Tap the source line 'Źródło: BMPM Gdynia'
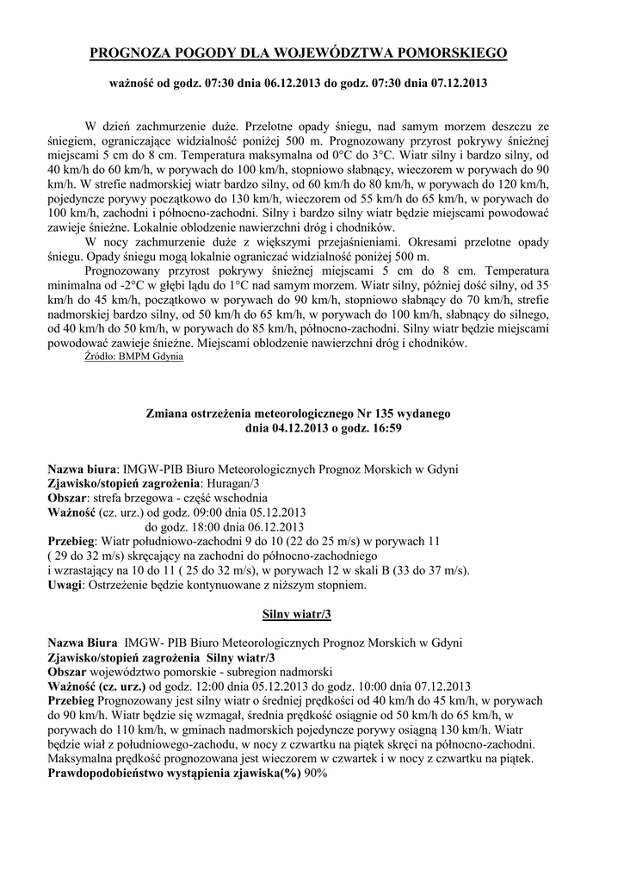coord(133,357)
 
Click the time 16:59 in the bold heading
coord(385,426)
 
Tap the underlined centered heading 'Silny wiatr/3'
coord(296,615)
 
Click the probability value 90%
coord(315,773)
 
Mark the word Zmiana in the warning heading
coord(176,413)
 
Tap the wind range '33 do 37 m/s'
coord(432,570)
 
